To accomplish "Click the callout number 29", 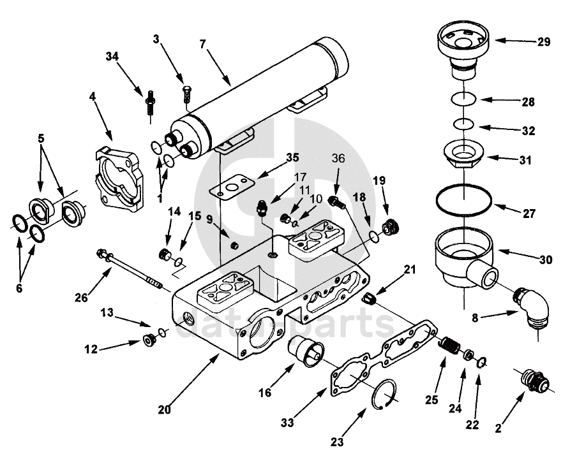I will tap(543, 42).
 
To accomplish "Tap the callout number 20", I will tap(164, 411).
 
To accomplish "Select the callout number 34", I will tap(112, 57).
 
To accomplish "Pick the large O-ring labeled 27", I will tap(464, 201).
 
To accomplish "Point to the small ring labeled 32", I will tap(463, 124).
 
